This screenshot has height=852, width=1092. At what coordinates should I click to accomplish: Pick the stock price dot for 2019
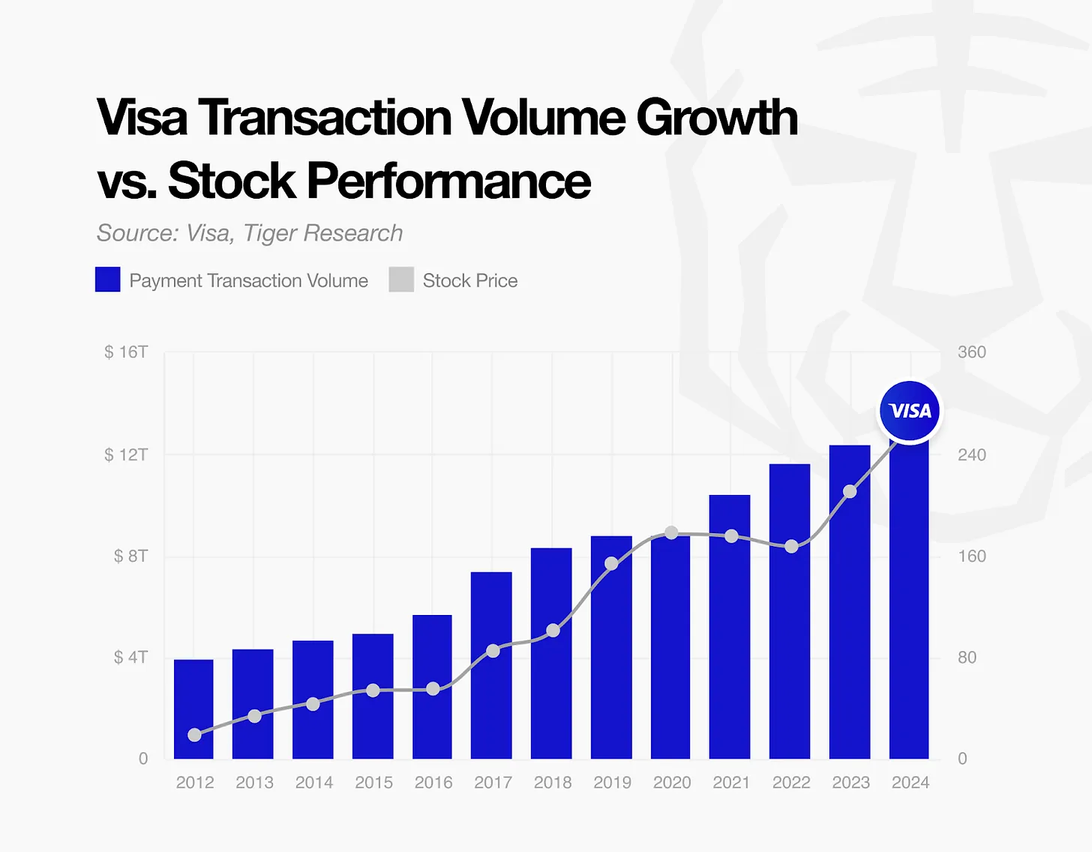tap(612, 563)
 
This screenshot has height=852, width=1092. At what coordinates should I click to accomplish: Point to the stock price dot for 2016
tap(433, 688)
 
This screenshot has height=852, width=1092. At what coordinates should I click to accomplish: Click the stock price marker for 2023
tap(850, 491)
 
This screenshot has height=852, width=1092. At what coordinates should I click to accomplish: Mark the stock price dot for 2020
tap(672, 532)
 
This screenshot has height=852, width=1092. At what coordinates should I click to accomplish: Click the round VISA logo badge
tap(910, 411)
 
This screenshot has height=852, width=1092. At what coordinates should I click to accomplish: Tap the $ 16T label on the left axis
tap(126, 352)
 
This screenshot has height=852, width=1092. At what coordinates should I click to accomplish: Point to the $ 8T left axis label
tap(130, 556)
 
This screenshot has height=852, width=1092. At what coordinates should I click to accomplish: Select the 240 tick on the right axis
tap(971, 454)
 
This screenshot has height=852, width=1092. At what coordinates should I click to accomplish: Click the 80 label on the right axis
tap(967, 657)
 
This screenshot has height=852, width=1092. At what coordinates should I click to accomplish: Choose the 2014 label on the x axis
tap(313, 782)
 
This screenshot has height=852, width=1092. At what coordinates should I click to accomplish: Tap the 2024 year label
tap(910, 782)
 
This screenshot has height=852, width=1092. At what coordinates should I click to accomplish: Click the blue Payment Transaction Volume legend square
tap(108, 280)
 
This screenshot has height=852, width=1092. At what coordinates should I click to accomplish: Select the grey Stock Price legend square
tap(401, 280)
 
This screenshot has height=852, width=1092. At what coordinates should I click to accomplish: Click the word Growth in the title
tap(717, 118)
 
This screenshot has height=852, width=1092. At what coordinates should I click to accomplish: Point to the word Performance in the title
tap(448, 181)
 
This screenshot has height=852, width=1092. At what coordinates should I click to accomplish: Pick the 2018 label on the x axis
tap(552, 782)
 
